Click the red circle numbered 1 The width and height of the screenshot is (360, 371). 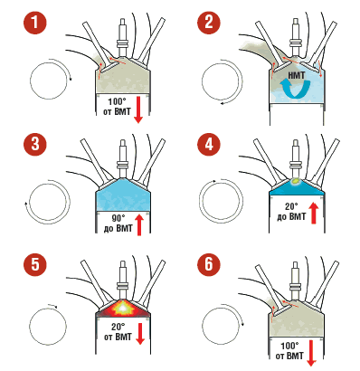point(35,23)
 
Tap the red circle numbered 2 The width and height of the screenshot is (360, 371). point(209,23)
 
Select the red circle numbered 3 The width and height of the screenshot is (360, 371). point(35,144)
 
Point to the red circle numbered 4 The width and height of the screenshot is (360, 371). point(209,144)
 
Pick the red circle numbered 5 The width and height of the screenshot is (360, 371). point(35,264)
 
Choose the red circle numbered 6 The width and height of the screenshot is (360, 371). point(209,264)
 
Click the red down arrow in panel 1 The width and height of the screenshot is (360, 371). point(138,109)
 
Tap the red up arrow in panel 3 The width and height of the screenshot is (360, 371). point(139,224)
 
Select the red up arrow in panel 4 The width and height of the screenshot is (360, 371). point(314,213)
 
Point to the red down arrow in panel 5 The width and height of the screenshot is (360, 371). point(140,334)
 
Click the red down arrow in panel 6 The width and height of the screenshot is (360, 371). point(311,353)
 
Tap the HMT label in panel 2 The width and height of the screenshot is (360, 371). point(297,75)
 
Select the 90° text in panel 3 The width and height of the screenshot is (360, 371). point(118,219)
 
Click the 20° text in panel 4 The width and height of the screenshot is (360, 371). point(291,207)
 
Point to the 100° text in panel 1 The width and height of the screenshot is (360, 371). point(117,101)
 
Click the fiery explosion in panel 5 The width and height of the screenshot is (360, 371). point(122,309)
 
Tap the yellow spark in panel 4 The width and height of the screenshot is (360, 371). point(296,181)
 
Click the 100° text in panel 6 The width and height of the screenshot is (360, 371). point(289,346)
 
